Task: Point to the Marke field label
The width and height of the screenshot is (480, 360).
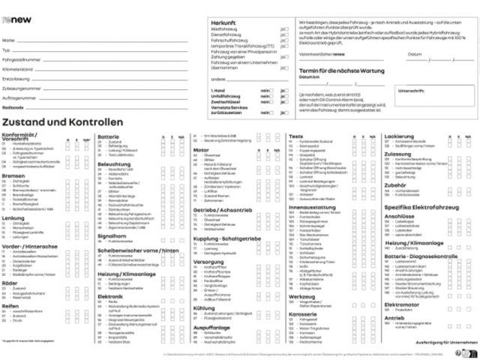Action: click(8, 39)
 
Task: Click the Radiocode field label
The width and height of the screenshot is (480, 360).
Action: click(13, 107)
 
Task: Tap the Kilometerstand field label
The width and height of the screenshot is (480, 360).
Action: click(17, 68)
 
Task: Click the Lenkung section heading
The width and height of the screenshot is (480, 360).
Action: click(13, 217)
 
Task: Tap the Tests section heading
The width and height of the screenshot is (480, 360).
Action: click(295, 136)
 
